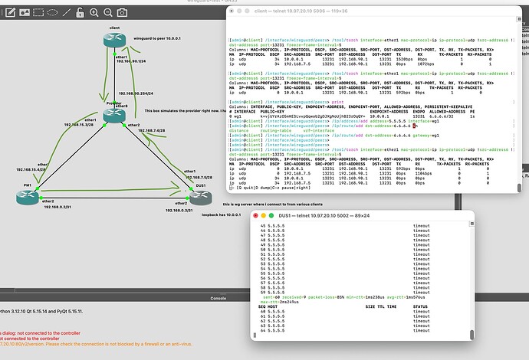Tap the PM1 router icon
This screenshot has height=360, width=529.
(28, 196)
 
